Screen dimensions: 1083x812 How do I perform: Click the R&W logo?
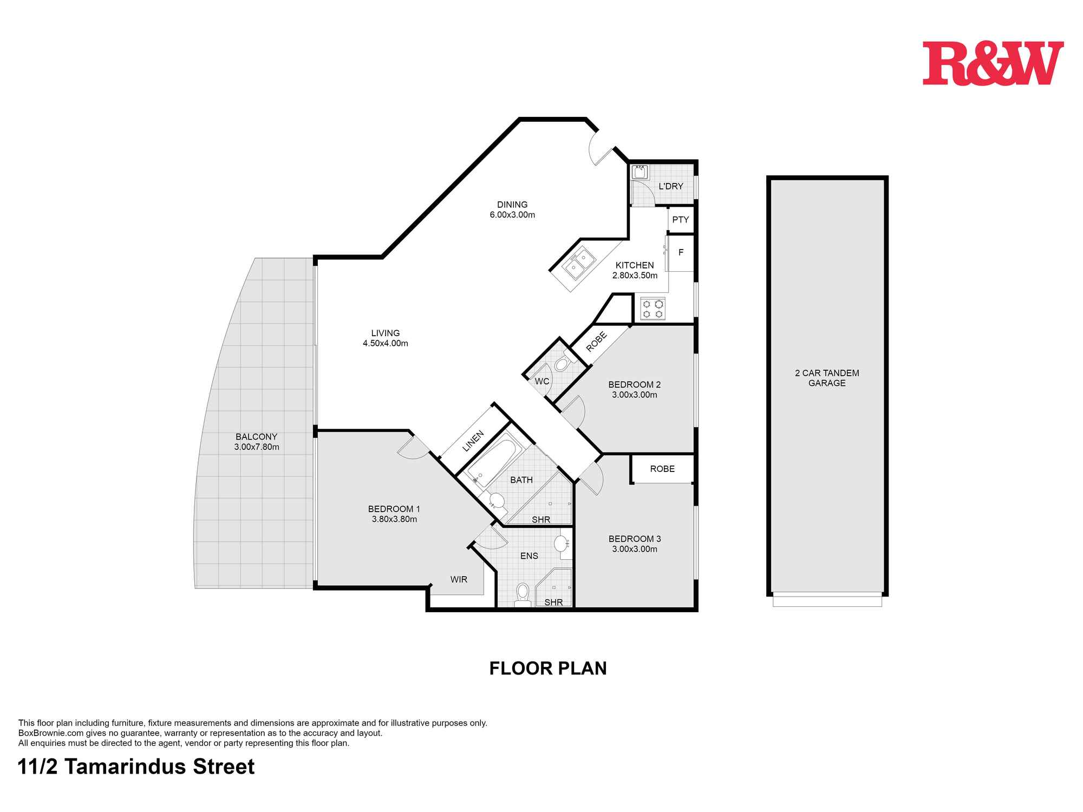point(993,63)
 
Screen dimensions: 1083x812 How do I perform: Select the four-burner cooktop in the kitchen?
point(652,309)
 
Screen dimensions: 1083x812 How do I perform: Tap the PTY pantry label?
point(680,220)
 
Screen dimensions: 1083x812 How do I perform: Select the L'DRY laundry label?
point(671,186)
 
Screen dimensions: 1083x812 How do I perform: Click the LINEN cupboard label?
point(473,441)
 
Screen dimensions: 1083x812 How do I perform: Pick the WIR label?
point(459,579)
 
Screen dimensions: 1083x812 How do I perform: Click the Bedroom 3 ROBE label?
point(662,469)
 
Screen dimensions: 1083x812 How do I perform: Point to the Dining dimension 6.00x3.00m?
point(512,215)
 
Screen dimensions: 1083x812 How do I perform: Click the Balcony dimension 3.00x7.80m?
point(257,447)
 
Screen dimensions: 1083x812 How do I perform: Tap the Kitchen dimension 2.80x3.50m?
point(635,276)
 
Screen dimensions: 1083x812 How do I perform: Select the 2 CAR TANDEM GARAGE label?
point(827,378)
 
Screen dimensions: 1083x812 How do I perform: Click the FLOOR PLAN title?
point(548,669)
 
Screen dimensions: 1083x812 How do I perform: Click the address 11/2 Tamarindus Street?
point(136,767)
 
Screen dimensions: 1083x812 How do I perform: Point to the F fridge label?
point(681,252)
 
